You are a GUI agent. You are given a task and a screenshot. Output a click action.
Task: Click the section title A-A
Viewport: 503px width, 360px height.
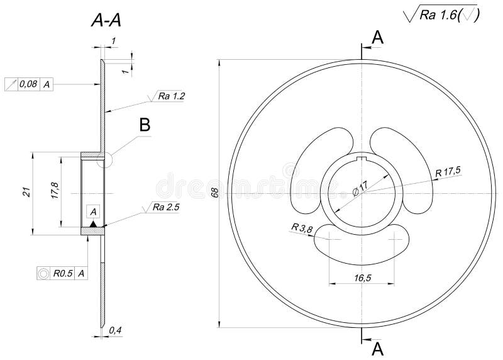click(106, 21)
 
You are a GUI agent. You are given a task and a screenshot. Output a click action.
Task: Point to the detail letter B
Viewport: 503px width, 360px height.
click(145, 125)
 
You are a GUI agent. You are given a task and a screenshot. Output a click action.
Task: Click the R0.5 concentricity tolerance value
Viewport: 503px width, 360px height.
click(63, 273)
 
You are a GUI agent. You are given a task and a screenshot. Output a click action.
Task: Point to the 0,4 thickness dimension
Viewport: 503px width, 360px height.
click(115, 330)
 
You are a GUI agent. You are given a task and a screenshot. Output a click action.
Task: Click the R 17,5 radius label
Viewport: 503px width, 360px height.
click(448, 171)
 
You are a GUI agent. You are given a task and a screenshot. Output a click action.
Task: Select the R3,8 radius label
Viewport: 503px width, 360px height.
click(302, 228)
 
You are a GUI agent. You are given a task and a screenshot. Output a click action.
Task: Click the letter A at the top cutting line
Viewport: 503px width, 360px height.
click(377, 38)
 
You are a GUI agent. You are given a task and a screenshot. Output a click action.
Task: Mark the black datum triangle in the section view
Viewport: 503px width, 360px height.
click(93, 223)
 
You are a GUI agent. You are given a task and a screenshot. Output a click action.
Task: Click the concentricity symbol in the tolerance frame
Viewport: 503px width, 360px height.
click(43, 273)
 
